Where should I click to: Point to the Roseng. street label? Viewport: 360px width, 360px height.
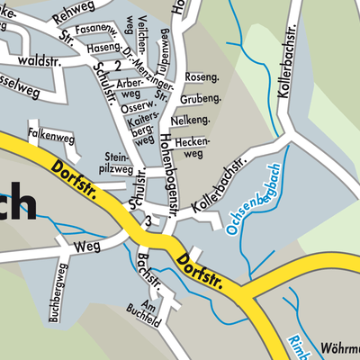202,78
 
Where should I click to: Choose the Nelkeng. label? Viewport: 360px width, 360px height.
196,119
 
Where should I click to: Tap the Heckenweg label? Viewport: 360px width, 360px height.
195,147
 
